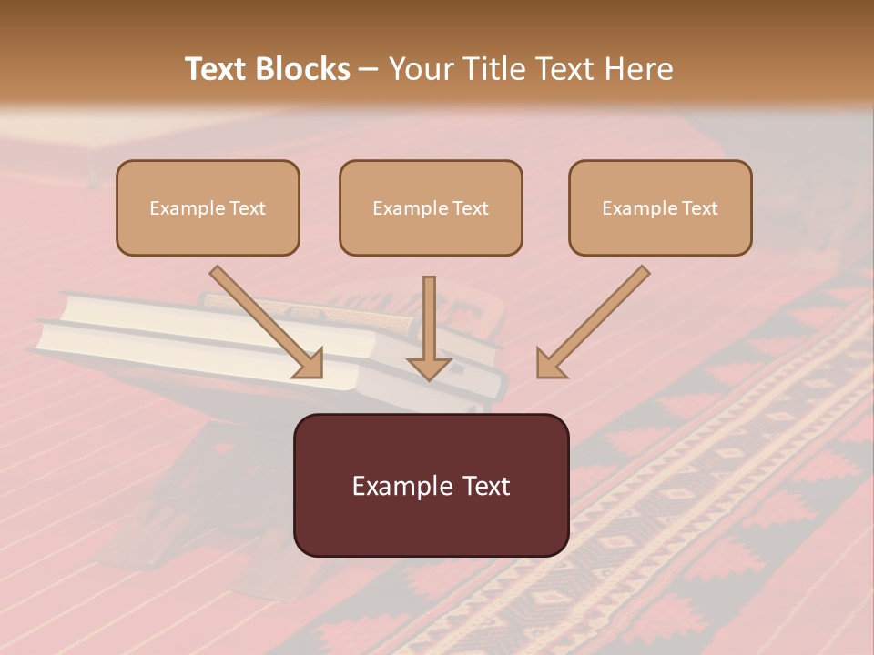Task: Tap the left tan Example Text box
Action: tap(208, 207)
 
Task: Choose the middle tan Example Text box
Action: tap(431, 207)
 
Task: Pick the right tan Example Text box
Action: tap(660, 207)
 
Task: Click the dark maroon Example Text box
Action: tap(431, 485)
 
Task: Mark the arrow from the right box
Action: tap(596, 318)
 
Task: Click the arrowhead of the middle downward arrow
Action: tap(429, 367)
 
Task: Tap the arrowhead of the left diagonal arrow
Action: tap(310, 364)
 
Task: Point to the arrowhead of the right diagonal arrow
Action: tap(549, 364)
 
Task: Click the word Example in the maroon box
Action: tap(397, 486)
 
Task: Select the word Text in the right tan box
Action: tap(699, 207)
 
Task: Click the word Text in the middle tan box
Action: tap(470, 207)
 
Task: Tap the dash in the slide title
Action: tap(369, 70)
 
